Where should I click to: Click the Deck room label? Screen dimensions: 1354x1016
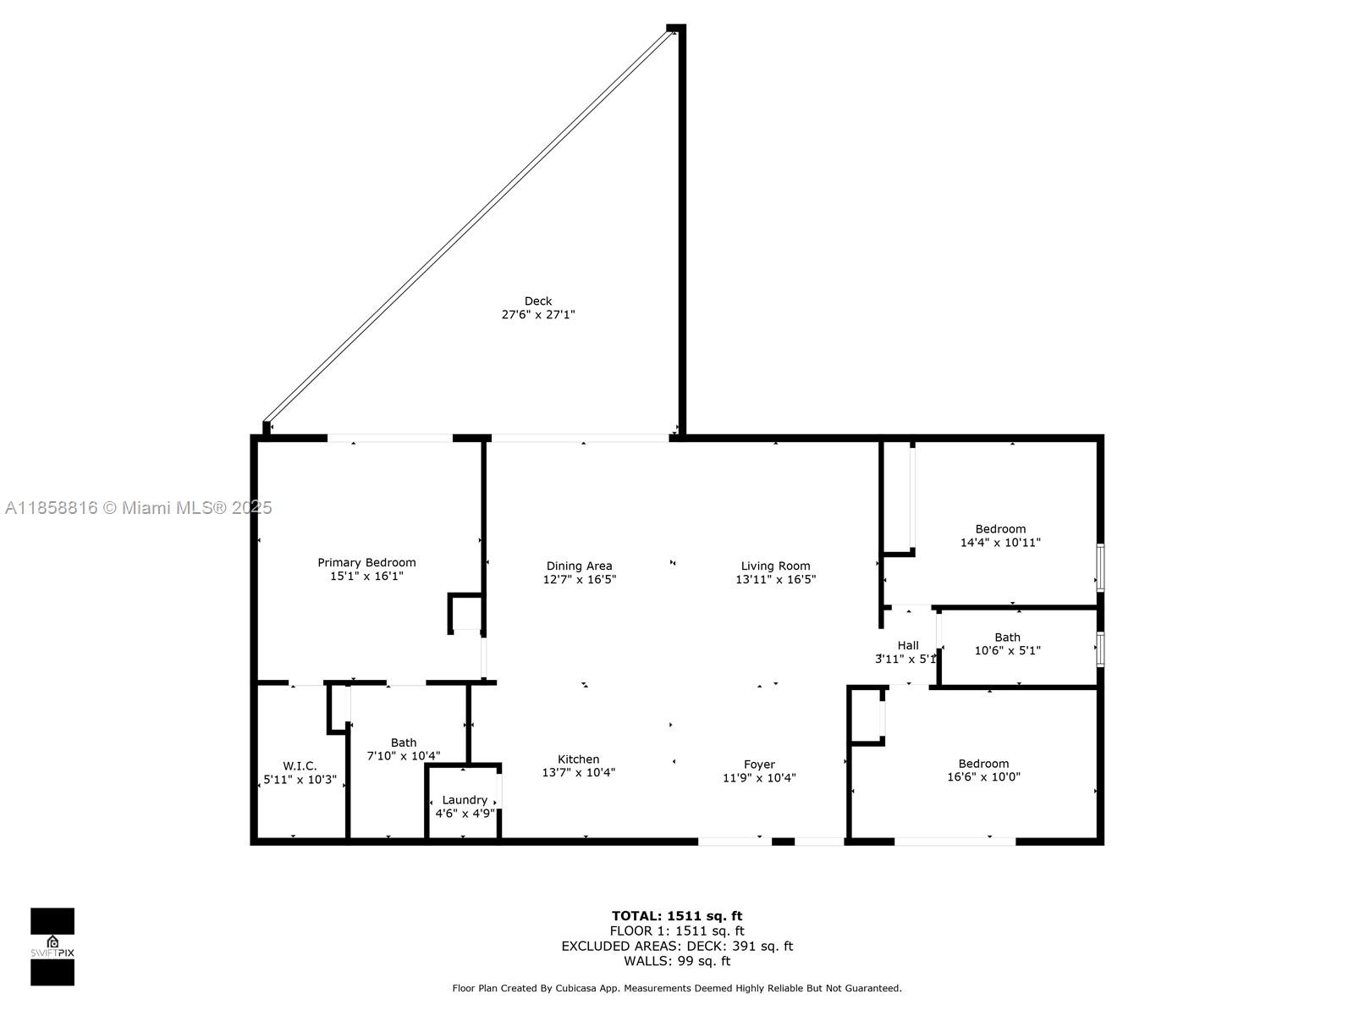pyautogui.click(x=537, y=301)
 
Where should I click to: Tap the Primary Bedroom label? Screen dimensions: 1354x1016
pyautogui.click(x=366, y=562)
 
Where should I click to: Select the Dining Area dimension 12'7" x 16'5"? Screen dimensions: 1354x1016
pyautogui.click(x=579, y=579)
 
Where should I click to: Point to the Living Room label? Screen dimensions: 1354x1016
pyautogui.click(x=775, y=566)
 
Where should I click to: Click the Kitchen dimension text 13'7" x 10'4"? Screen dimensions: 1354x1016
pyautogui.click(x=579, y=772)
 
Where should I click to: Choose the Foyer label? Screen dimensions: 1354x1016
pyautogui.click(x=759, y=765)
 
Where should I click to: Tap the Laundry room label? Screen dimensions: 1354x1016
pyautogui.click(x=465, y=800)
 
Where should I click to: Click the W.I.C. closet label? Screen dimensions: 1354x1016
pyautogui.click(x=300, y=766)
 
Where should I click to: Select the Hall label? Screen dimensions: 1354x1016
pyautogui.click(x=907, y=645)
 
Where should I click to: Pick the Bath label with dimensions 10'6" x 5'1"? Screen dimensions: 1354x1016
pyautogui.click(x=1007, y=638)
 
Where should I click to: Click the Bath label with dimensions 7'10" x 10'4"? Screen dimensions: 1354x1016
pyautogui.click(x=404, y=743)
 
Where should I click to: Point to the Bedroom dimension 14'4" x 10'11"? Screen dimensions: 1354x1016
pyautogui.click(x=1000, y=542)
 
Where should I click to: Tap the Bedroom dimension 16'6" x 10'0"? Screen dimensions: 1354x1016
pyautogui.click(x=983, y=776)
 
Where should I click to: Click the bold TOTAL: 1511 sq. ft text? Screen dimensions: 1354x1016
pyautogui.click(x=677, y=916)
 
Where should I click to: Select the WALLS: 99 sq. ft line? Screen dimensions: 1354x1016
pyautogui.click(x=677, y=960)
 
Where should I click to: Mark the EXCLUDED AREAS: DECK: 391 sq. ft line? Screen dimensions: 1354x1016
pyautogui.click(x=677, y=946)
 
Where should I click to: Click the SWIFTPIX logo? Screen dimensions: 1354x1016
pyautogui.click(x=52, y=947)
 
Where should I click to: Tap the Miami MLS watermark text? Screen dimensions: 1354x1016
pyautogui.click(x=138, y=508)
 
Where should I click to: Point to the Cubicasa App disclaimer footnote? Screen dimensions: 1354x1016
pyautogui.click(x=677, y=988)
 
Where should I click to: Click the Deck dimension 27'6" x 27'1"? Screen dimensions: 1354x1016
pyautogui.click(x=538, y=315)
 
